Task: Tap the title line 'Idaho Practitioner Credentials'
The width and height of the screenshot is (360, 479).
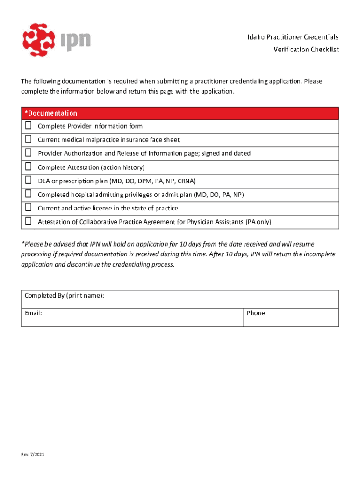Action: pos(300,37)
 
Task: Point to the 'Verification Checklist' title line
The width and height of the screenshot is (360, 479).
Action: pos(306,49)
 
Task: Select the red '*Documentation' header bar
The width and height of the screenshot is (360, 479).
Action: pos(180,113)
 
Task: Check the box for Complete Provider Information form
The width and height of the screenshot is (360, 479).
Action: pos(29,125)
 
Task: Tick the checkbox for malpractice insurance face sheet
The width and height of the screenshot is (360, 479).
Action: pos(29,139)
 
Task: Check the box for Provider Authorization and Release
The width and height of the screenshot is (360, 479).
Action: pos(29,152)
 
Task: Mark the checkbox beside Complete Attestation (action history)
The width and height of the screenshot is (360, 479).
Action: pos(29,167)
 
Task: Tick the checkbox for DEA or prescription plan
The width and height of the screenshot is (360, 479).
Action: pos(29,180)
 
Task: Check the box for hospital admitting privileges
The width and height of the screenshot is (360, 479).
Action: pos(29,194)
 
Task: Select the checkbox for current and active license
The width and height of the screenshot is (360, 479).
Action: pos(29,207)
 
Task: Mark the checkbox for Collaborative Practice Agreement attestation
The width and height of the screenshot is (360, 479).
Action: pos(29,221)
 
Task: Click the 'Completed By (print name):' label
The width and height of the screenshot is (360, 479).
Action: pos(65,296)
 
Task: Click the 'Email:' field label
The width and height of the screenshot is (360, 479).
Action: pos(33,313)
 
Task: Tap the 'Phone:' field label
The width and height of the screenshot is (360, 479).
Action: pos(257,313)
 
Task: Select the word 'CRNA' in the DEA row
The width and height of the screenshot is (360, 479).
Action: pos(186,181)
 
